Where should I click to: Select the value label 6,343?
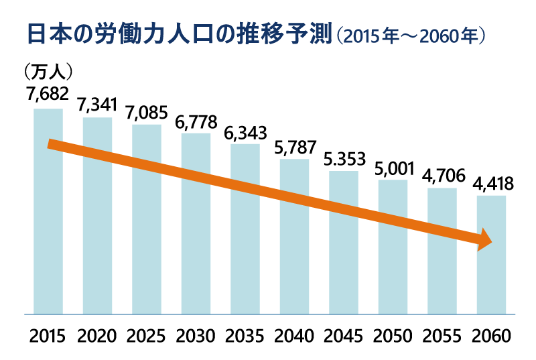click(245, 131)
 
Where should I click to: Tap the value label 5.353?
click(344, 160)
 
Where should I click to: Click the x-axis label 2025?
click(146, 335)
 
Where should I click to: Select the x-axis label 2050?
click(393, 335)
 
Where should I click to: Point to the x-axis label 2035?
click(245, 335)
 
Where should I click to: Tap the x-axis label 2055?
click(442, 335)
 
